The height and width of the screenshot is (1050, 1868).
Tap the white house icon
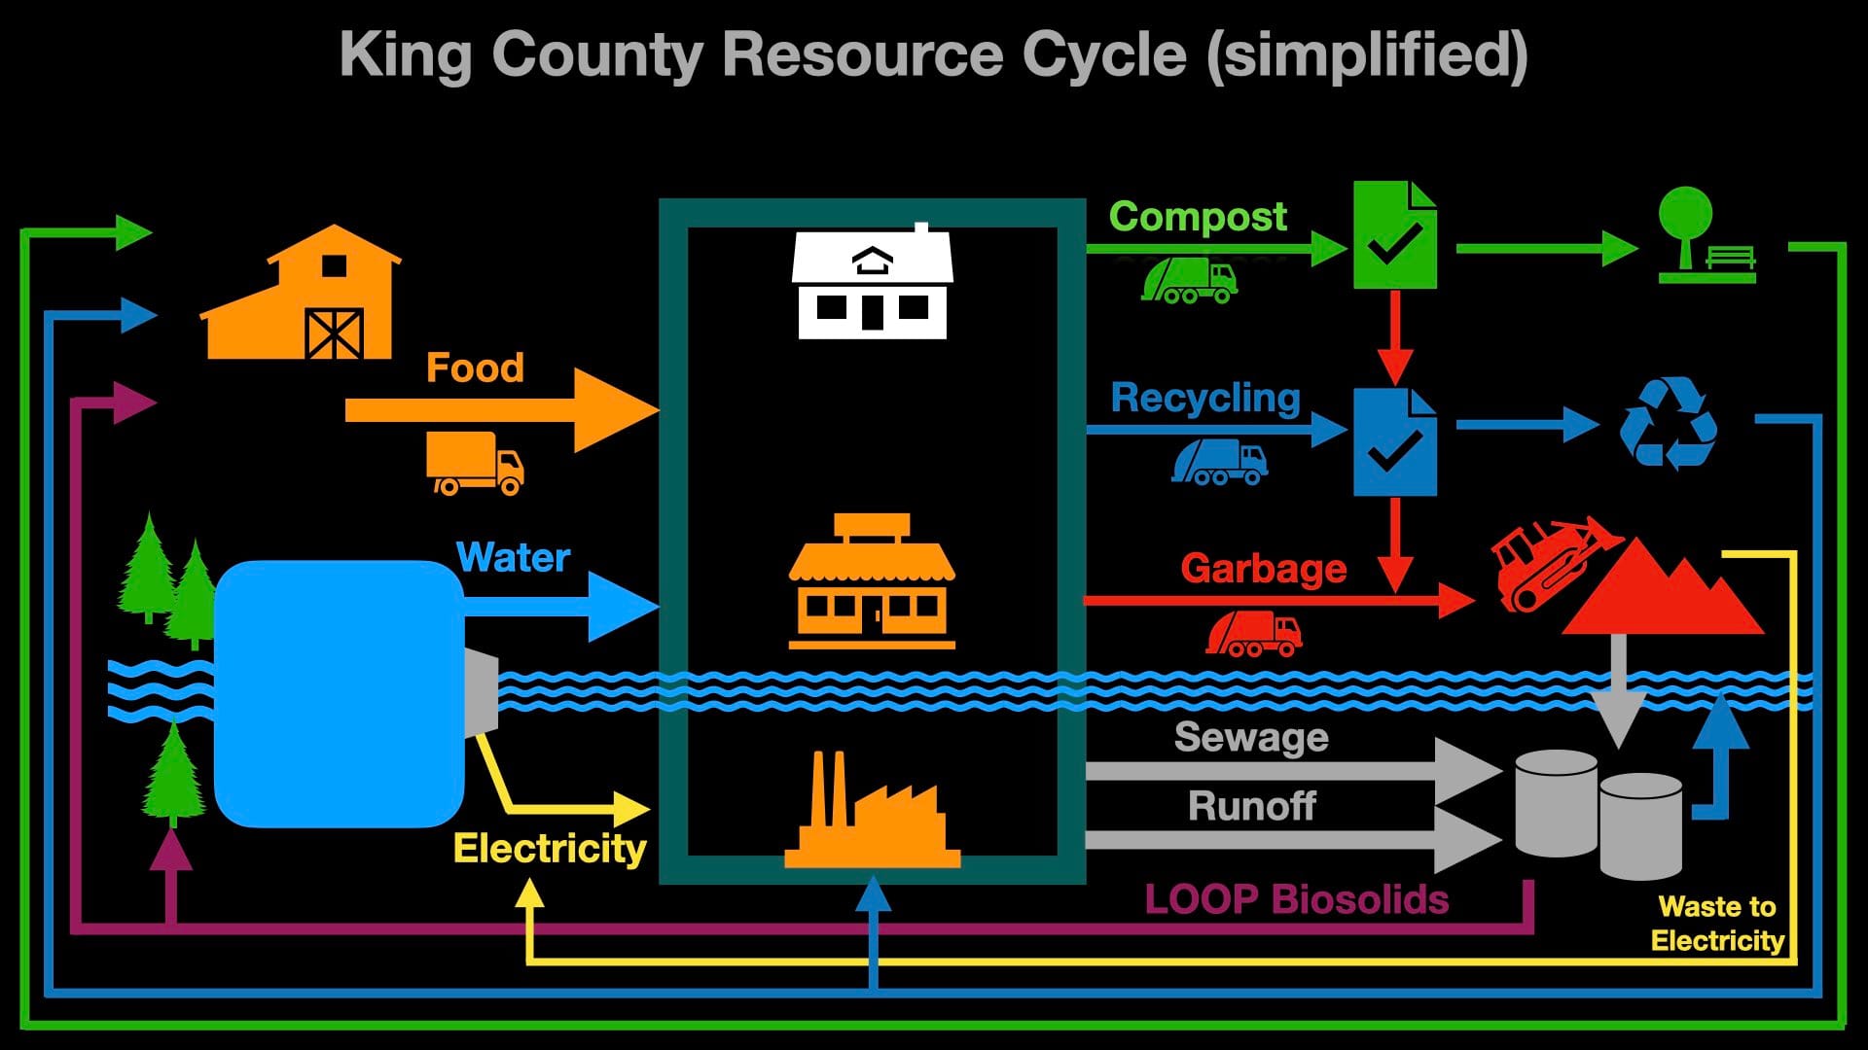click(x=872, y=284)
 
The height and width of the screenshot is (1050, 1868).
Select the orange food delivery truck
click(x=475, y=464)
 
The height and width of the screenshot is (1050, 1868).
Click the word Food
click(x=475, y=367)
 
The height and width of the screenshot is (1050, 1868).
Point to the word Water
click(x=513, y=557)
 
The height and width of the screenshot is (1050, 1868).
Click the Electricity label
click(x=550, y=848)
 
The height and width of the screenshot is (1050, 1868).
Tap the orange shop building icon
click(x=872, y=583)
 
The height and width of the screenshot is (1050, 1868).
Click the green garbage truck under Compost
click(x=1189, y=280)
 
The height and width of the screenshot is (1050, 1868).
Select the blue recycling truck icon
click(x=1220, y=461)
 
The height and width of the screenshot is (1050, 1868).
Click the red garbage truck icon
click(x=1253, y=634)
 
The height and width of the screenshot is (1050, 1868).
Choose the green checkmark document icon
click(x=1394, y=234)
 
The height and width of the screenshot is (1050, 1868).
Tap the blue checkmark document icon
click(x=1394, y=442)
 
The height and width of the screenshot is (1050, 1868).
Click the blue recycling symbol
click(x=1668, y=423)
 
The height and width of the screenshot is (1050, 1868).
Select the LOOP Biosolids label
click(x=1296, y=899)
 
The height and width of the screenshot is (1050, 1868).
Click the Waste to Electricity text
click(x=1717, y=924)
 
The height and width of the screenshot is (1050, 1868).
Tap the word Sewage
click(x=1251, y=737)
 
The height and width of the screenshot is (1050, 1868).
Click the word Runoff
click(x=1251, y=806)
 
